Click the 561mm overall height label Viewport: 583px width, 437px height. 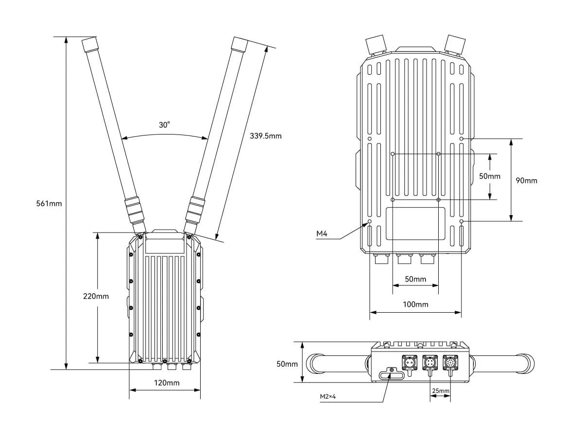coord(49,203)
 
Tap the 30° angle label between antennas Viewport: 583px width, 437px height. coord(164,125)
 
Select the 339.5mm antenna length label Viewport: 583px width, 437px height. coord(266,136)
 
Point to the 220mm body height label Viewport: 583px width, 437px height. coord(96,296)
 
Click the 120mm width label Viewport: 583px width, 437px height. coord(167,383)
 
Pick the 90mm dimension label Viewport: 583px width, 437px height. coord(527,181)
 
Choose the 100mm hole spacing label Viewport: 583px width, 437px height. coord(416,304)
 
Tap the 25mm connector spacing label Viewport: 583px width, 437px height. coord(441,391)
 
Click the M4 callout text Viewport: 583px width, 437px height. coord(322,234)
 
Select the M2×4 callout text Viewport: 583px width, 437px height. coord(328,397)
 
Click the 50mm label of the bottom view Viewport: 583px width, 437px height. coord(287,364)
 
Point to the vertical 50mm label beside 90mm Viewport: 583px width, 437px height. coord(490,176)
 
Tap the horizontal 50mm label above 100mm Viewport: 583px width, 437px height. coord(415,279)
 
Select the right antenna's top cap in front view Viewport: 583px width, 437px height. coord(240,44)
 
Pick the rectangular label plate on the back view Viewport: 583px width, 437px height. coord(415,224)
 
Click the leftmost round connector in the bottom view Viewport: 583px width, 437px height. coord(408,362)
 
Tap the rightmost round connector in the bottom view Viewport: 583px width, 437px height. coord(450,362)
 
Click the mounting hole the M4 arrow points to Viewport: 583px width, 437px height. coord(369,221)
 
